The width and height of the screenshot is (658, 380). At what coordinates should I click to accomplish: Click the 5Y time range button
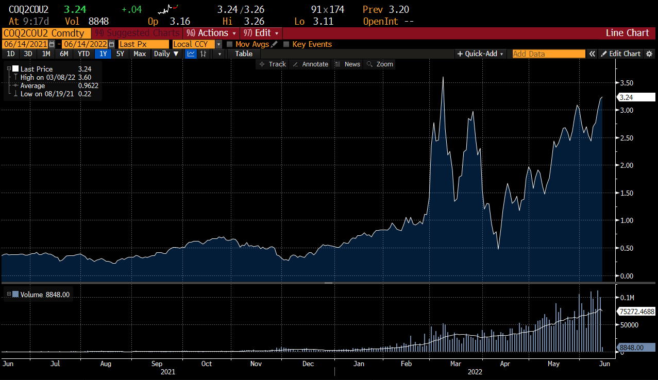(x=120, y=54)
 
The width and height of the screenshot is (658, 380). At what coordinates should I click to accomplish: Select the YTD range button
(x=84, y=54)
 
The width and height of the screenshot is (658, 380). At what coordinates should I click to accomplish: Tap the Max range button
(x=139, y=54)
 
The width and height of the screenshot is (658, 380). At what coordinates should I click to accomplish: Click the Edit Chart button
(x=625, y=54)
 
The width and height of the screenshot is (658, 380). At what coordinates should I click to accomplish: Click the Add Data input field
(x=548, y=54)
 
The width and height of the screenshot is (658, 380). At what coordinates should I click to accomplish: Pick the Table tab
(x=244, y=54)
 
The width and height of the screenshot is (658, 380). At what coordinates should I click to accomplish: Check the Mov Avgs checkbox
(x=230, y=44)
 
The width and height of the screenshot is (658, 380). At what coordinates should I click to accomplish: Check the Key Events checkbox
(x=286, y=44)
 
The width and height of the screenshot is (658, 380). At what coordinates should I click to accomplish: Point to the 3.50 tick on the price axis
(x=627, y=83)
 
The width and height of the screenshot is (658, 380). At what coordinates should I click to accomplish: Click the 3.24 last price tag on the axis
(x=636, y=97)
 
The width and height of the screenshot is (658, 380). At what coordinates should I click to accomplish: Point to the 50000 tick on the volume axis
(x=629, y=325)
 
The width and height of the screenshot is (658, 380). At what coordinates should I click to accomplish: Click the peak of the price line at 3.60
(x=443, y=77)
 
